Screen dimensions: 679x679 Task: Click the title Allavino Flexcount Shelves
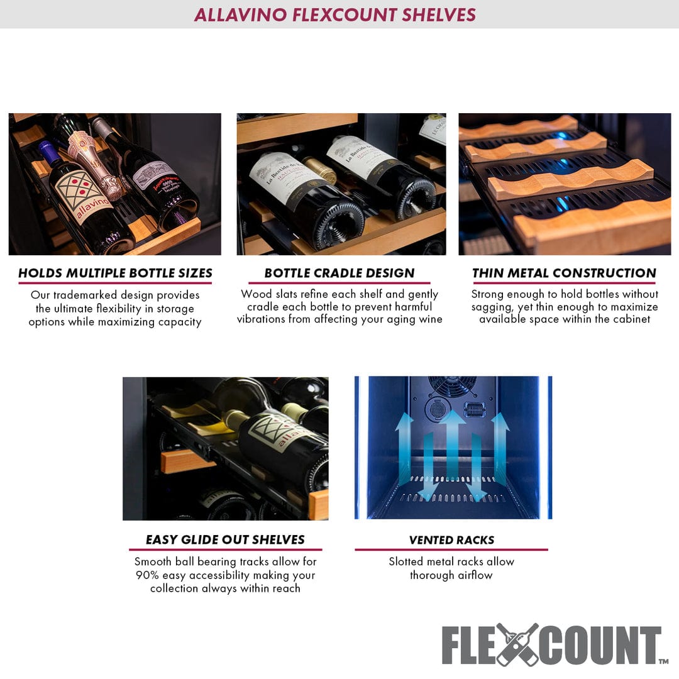334,14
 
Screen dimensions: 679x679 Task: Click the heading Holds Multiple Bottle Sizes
115,273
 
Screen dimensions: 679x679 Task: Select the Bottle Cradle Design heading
339,273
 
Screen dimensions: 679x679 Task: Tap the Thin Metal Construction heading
564,273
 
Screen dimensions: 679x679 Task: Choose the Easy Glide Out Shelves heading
225,540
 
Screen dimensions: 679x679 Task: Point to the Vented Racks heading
451,540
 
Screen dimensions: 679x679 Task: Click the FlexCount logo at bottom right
551,644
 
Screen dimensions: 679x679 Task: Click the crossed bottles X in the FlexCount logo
517,644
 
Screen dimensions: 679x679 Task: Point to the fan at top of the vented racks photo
450,386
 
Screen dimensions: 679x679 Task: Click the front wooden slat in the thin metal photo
591,227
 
